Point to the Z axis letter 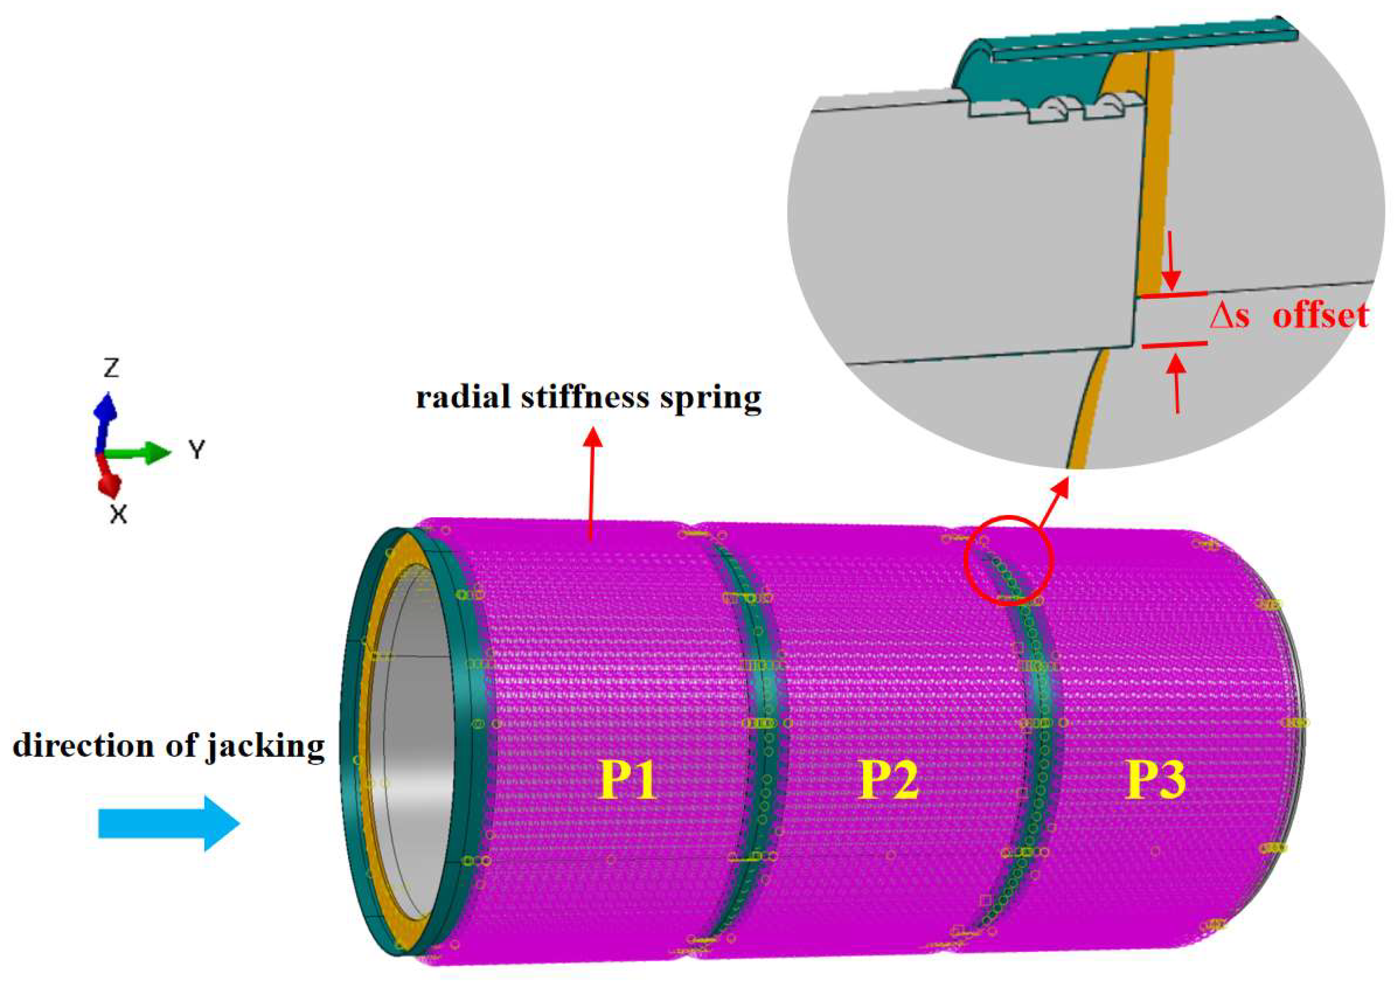pyautogui.click(x=111, y=368)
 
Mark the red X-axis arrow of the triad pyautogui.click(x=110, y=479)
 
